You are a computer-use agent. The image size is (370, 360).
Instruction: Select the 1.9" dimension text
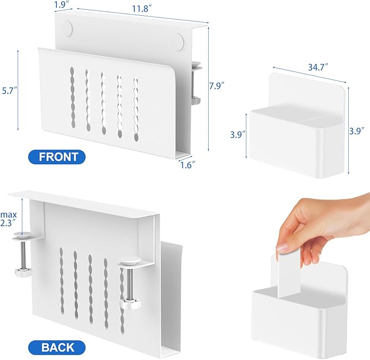[x=61, y=5]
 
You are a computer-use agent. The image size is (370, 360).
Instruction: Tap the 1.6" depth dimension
[x=188, y=163]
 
